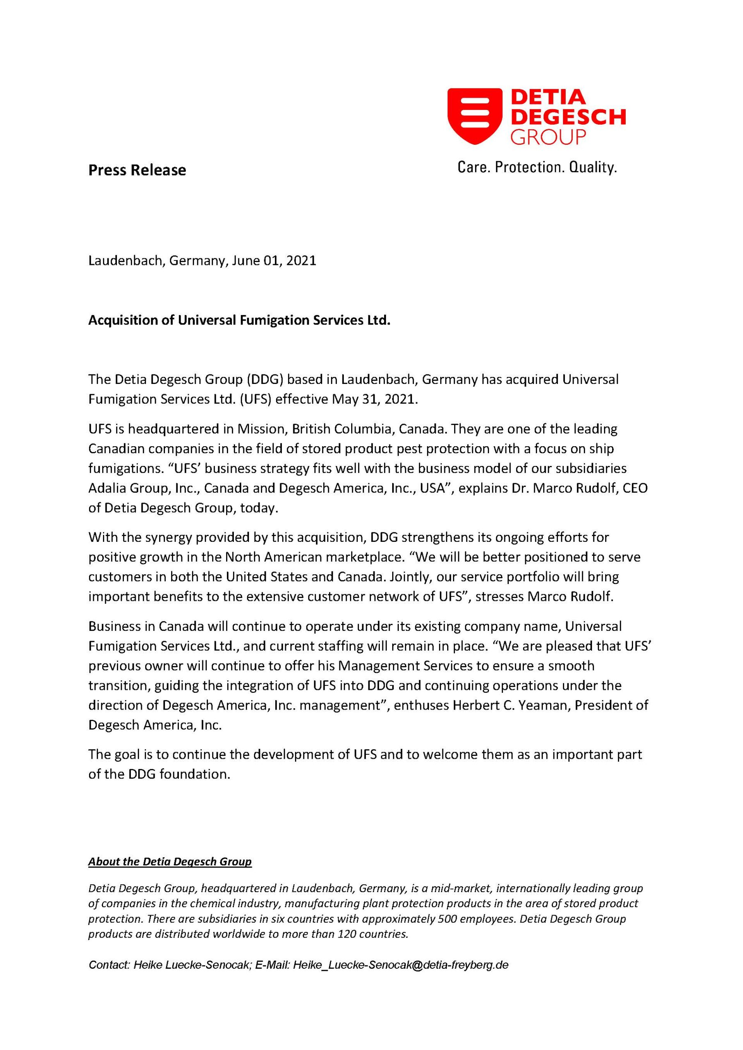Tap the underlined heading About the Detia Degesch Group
click(170, 862)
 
